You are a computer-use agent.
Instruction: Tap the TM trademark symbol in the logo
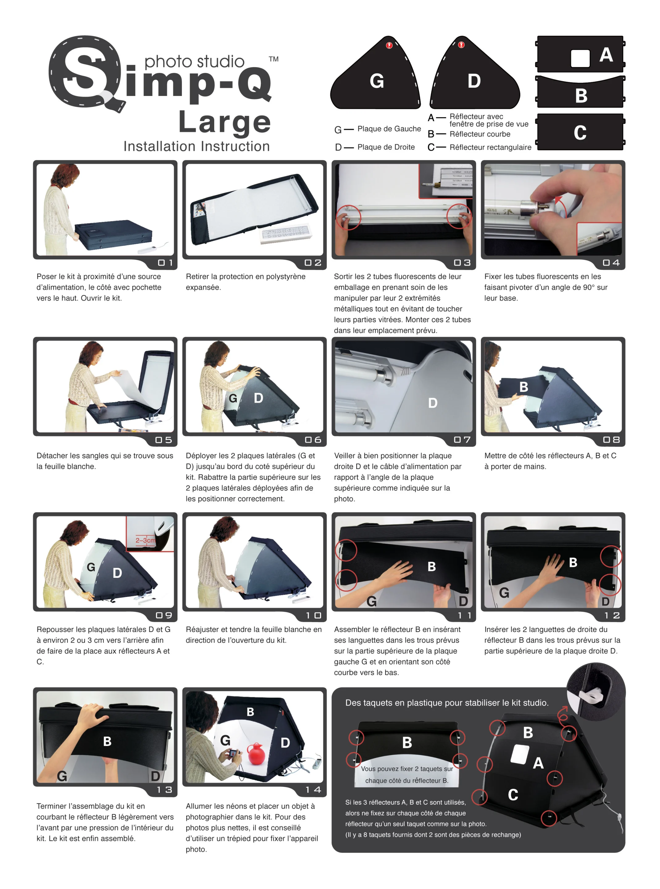(274, 59)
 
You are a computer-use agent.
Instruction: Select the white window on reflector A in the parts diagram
(580, 58)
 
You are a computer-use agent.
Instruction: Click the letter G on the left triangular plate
(377, 81)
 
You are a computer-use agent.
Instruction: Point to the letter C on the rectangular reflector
(580, 133)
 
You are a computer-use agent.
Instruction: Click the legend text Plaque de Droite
(386, 147)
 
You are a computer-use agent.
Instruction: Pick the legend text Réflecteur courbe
(480, 134)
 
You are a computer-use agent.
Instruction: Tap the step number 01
(165, 263)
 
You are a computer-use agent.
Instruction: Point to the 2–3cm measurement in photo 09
(145, 540)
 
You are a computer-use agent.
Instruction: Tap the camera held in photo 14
(232, 753)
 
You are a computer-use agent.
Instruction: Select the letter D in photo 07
(433, 403)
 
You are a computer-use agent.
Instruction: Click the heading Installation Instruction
(197, 147)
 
